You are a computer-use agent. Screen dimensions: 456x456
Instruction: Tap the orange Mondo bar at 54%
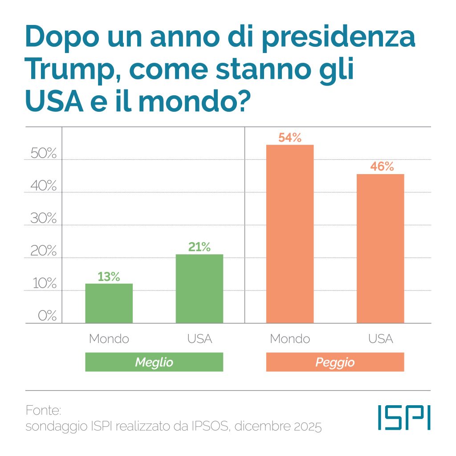click(x=290, y=234)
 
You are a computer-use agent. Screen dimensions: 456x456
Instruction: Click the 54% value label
click(x=290, y=138)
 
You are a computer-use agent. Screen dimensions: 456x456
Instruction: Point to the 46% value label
click(x=382, y=167)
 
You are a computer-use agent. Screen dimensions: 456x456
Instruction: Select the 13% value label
click(x=109, y=277)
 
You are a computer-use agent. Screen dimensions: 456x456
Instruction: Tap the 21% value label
click(x=199, y=247)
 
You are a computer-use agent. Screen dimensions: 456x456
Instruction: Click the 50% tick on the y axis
click(x=44, y=154)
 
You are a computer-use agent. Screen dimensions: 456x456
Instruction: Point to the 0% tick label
click(x=47, y=316)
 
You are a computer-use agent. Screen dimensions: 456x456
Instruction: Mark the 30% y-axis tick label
click(x=44, y=219)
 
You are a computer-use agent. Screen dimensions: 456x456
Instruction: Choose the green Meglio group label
click(x=154, y=362)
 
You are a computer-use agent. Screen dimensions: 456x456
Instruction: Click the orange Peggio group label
click(x=335, y=362)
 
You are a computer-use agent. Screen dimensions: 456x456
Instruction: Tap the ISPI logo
click(x=404, y=417)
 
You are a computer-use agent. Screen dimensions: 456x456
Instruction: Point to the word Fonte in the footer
click(x=43, y=410)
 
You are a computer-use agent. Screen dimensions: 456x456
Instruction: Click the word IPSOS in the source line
click(x=208, y=427)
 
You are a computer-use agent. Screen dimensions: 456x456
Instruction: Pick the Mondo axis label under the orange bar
click(x=290, y=339)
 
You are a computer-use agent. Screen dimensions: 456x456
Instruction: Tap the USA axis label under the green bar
click(x=199, y=339)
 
